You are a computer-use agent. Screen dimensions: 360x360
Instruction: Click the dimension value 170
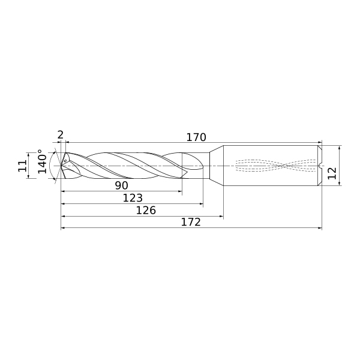click(196, 137)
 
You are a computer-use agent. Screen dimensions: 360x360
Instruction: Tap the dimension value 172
click(191, 222)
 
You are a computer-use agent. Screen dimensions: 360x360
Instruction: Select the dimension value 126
click(146, 210)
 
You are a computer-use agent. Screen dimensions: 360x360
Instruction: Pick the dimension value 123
click(133, 197)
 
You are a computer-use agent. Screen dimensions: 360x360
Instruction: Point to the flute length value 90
click(121, 185)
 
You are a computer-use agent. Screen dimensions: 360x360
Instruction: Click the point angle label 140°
click(43, 161)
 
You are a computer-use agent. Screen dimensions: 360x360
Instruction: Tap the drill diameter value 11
click(23, 166)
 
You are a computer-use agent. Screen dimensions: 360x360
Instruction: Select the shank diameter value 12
click(332, 173)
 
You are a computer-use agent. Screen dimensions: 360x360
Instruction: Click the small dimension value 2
click(60, 135)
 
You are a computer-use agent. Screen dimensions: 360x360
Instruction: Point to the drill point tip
click(61, 166)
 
